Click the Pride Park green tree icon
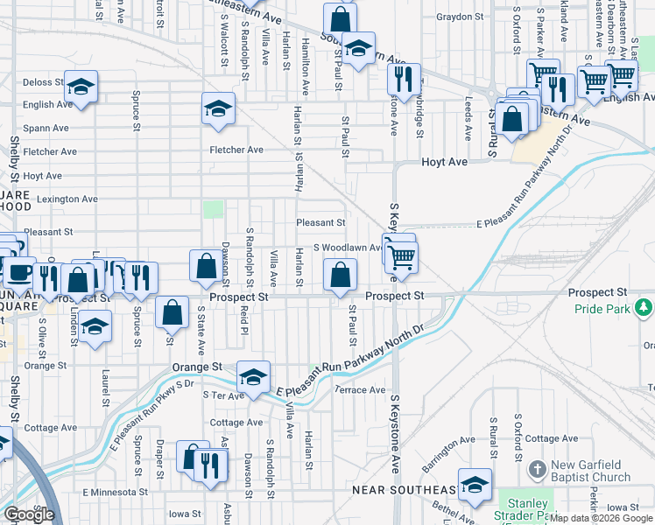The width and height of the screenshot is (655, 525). coord(644,306)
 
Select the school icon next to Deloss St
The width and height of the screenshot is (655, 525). coord(81,87)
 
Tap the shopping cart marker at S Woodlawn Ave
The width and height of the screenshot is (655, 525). coord(402,256)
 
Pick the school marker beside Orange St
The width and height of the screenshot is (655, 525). coord(253,376)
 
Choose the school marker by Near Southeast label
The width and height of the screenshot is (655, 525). coord(475,485)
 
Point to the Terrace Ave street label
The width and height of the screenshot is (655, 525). coord(359,390)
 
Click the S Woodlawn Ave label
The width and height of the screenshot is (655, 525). coord(347,248)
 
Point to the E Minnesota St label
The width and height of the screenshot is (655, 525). coord(120,493)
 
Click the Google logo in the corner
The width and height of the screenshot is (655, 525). coord(29,514)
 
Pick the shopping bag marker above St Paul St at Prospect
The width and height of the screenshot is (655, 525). coord(340,274)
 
